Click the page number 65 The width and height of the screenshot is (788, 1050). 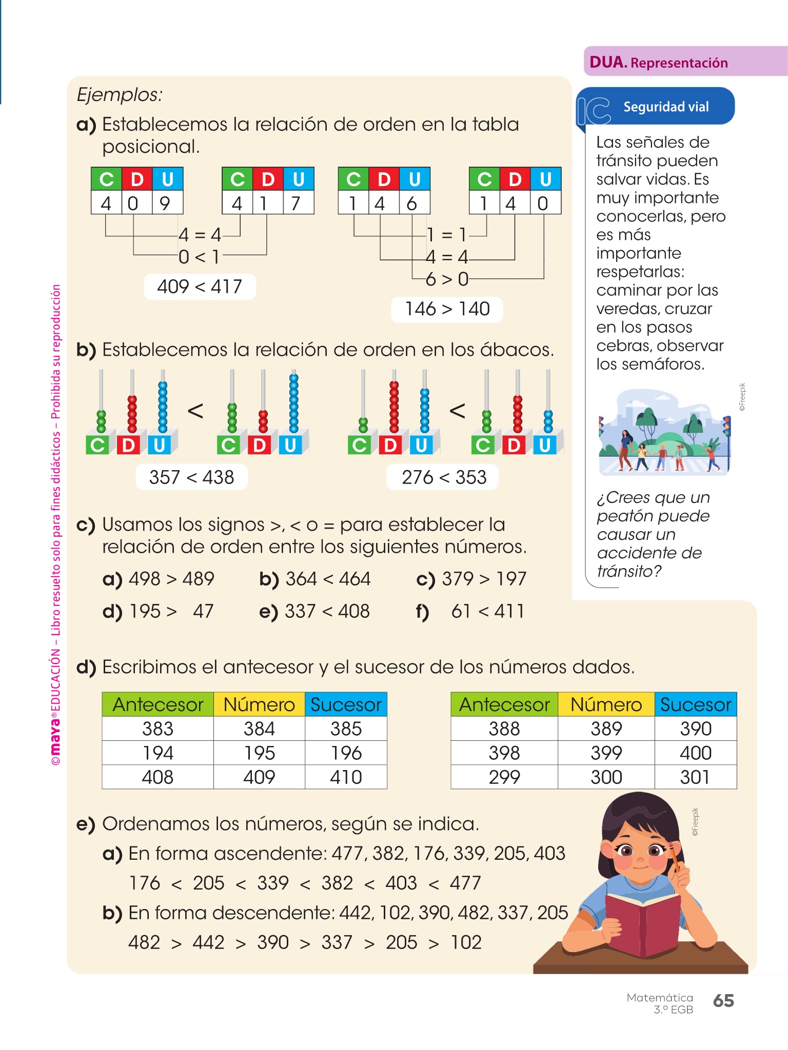pos(723,1000)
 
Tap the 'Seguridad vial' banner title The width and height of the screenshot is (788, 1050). pos(666,107)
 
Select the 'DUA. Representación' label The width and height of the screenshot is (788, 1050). pos(659,63)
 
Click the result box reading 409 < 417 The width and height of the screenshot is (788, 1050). pos(200,287)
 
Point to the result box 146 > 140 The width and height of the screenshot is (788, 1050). pos(447,309)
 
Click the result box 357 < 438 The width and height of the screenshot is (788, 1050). pos(191,477)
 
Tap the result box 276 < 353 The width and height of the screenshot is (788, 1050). pos(443,477)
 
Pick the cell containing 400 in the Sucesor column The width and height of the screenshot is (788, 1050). pos(695,753)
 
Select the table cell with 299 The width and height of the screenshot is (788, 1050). pos(504,777)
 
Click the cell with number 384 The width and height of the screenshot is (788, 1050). pos(259,729)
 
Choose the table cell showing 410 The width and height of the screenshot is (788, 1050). pos(346,777)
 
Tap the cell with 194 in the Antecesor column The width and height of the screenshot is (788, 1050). pos(157,753)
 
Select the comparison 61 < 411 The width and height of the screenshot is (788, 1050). pos(487,611)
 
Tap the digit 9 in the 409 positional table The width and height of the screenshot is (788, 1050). pos(165,204)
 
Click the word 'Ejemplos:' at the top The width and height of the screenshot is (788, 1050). pos(120,95)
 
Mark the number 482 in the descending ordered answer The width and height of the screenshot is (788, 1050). pos(144,942)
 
